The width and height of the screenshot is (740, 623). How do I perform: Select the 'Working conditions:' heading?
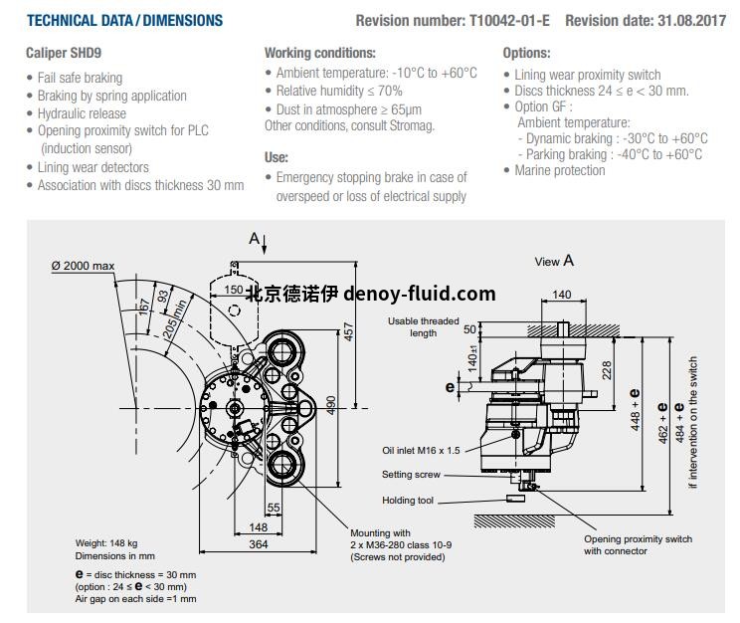point(319,53)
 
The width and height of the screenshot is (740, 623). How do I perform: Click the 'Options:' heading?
point(526,53)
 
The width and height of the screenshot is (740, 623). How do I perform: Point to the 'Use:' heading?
point(277,156)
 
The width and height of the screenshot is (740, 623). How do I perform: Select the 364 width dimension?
point(259,543)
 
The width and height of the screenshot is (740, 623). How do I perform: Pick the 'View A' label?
point(554,261)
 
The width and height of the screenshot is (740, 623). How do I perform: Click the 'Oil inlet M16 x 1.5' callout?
point(421,450)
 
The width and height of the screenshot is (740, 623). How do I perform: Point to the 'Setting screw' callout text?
point(411,475)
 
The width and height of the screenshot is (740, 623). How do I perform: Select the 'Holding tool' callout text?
point(408,501)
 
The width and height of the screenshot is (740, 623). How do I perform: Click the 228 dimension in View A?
point(608,369)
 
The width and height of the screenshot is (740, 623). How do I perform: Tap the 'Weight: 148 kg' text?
point(109,543)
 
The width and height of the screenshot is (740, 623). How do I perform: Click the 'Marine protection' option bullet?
point(559,170)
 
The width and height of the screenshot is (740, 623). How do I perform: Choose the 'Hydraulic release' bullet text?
point(82,113)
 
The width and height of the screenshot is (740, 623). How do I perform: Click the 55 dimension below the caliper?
point(274,508)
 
